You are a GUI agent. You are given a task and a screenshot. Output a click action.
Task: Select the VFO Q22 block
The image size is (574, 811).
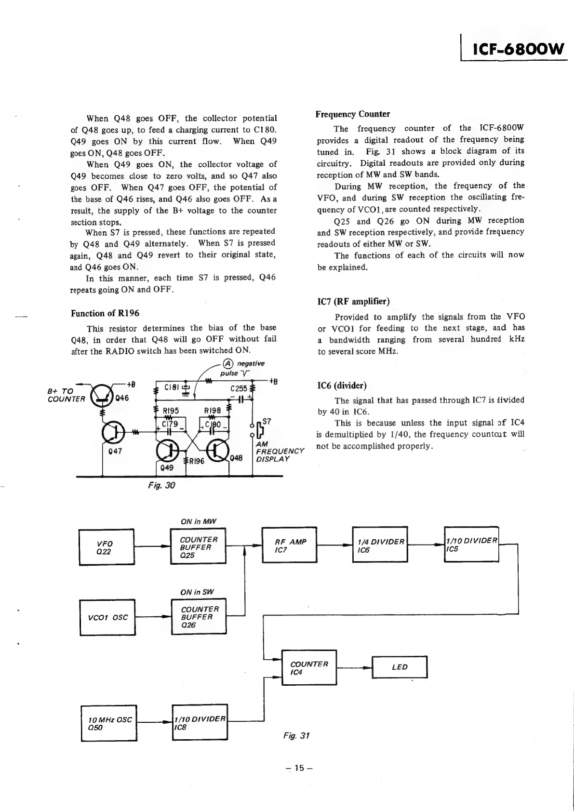click(x=107, y=547)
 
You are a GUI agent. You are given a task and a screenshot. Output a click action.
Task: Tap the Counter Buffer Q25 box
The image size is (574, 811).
click(x=198, y=546)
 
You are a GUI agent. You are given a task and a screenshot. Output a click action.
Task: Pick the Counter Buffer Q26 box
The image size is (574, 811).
click(x=199, y=616)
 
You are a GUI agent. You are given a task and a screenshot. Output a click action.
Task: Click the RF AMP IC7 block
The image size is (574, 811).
click(x=289, y=545)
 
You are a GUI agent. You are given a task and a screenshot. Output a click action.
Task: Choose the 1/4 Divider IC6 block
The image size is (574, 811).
click(x=380, y=545)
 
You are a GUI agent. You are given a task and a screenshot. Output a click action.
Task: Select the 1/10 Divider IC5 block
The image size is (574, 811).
click(x=471, y=544)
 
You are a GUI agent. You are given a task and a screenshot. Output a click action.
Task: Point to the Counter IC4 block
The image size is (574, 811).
click(x=309, y=667)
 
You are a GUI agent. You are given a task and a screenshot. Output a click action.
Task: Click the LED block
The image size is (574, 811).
click(x=400, y=667)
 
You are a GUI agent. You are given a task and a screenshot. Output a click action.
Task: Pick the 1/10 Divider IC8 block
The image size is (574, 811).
click(x=200, y=723)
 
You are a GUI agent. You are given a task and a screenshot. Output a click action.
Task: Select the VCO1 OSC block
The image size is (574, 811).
click(x=107, y=617)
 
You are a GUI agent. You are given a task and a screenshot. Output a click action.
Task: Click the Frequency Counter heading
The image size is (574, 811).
click(x=352, y=114)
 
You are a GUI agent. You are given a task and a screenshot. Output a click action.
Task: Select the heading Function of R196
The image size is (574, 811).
click(x=105, y=313)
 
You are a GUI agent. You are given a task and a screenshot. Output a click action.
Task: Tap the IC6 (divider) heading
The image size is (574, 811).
click(x=342, y=386)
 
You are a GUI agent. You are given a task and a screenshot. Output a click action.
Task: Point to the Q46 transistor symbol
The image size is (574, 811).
click(x=101, y=394)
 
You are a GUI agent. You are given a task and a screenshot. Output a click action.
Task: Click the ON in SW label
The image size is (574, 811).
click(x=197, y=592)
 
